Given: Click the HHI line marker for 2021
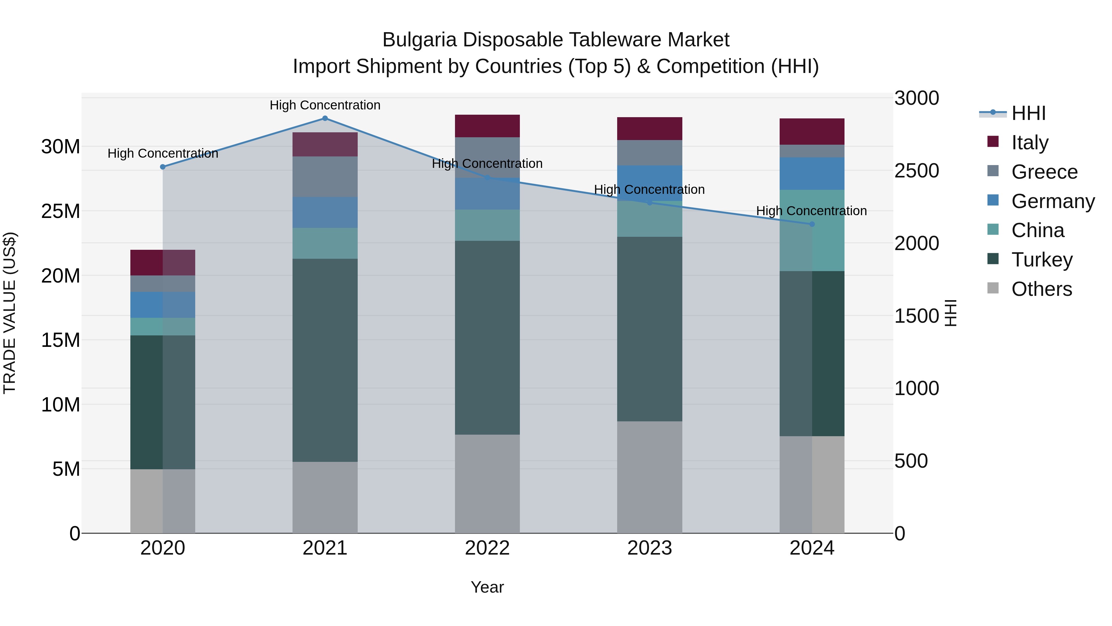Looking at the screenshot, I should (325, 118).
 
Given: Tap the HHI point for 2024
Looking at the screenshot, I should (811, 224).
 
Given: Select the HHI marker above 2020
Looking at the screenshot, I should (163, 167).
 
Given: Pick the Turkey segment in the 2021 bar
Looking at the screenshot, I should (325, 360).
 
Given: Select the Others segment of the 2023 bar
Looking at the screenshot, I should (649, 477).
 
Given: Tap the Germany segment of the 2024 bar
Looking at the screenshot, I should (811, 174).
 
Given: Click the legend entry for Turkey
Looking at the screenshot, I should (1042, 260).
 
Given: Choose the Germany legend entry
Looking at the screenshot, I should (1052, 201).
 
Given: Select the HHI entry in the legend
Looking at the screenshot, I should (1028, 113).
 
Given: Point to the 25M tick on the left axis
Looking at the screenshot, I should (61, 211).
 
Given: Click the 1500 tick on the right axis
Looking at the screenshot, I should (916, 316).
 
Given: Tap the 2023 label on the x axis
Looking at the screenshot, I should (649, 548).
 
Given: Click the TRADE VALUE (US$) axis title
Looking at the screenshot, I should (10, 313).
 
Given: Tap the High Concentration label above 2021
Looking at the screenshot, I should (325, 105).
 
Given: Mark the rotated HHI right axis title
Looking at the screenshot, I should (951, 313).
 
